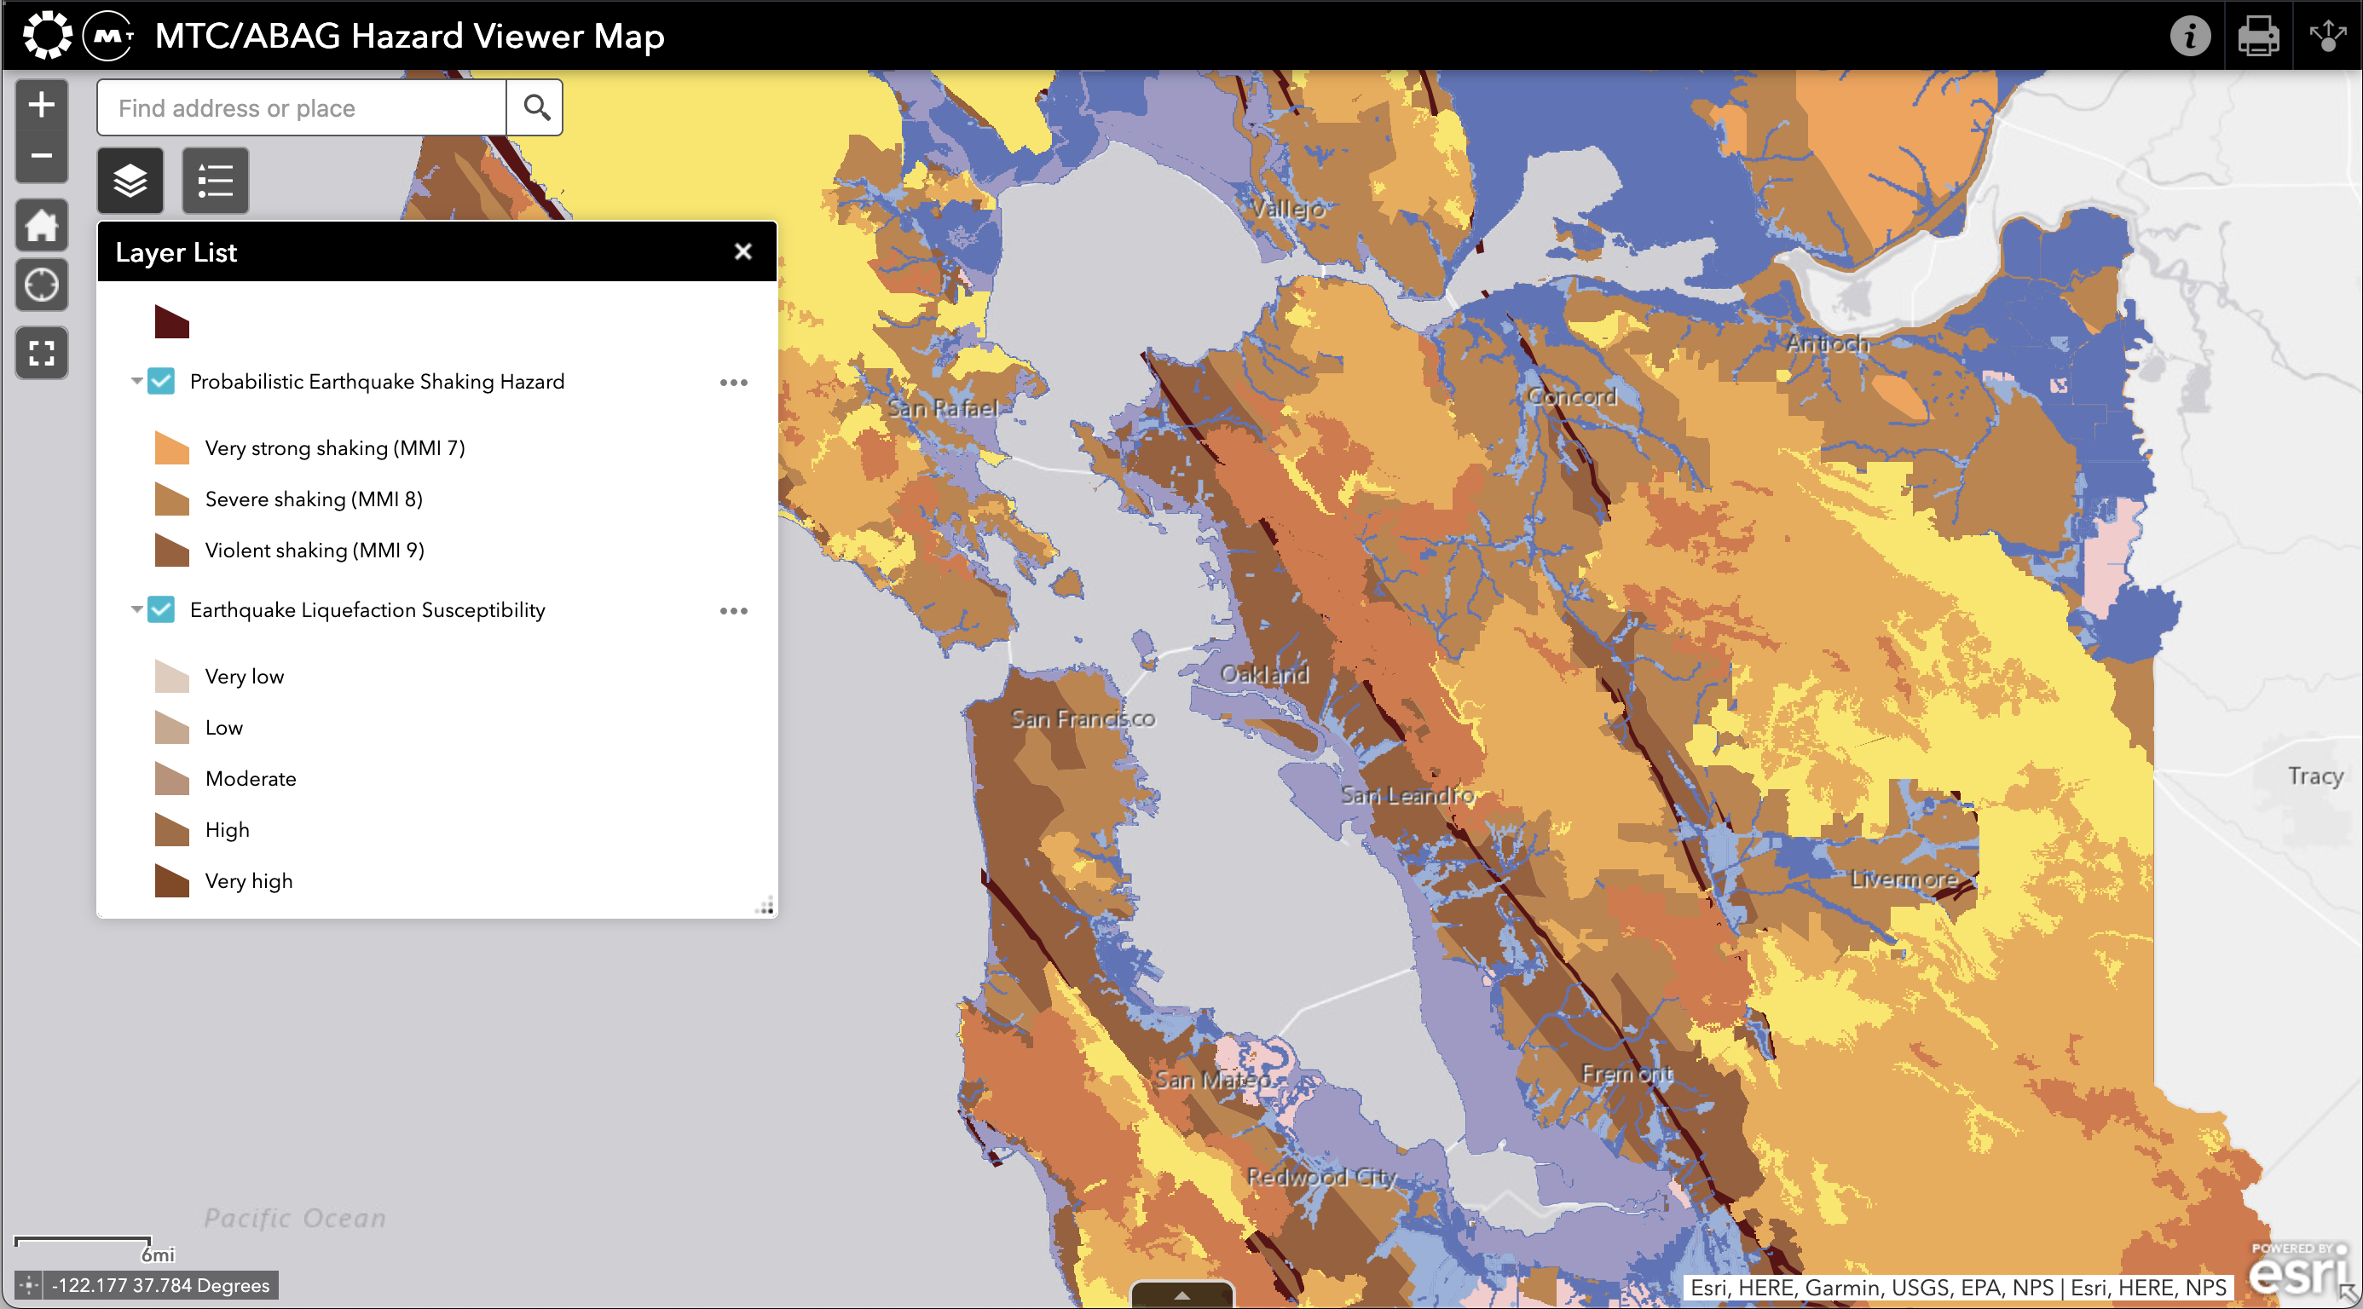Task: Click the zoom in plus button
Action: coord(41,105)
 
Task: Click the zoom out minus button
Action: coord(41,156)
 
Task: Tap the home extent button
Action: coord(41,225)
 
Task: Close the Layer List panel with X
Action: coord(743,251)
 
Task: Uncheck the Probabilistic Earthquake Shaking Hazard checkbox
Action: coord(161,381)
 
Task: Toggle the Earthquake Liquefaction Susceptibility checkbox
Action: coord(161,609)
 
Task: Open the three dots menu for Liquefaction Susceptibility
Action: coord(733,611)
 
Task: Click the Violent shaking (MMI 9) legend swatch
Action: coord(171,551)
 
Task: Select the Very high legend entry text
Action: coord(249,880)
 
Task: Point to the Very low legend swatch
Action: coord(171,677)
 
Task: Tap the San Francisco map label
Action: coord(1083,718)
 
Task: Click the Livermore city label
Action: coord(1904,879)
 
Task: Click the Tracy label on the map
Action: coord(2314,776)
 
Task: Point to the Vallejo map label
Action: coord(1287,209)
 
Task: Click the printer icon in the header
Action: coord(2257,36)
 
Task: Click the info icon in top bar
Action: coord(2190,36)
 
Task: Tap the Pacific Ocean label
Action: coord(294,1217)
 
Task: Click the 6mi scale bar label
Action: coord(158,1254)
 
